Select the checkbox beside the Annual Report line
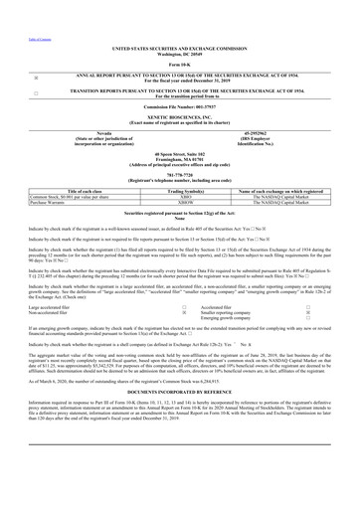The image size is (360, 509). click(10, 76)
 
